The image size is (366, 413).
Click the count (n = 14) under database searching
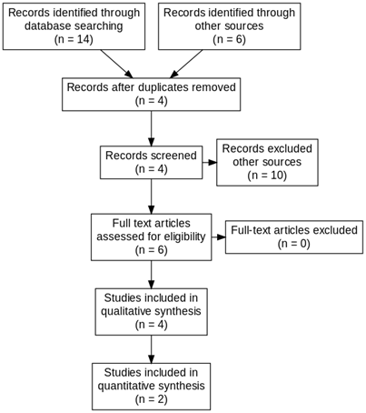tap(74, 40)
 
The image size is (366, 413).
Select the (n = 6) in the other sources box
tap(229, 40)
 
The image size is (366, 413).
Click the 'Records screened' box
tap(152, 162)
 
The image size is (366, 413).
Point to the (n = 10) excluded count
tap(267, 176)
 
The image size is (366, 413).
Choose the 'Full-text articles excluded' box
tap(294, 237)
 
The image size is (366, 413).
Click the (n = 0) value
tap(294, 244)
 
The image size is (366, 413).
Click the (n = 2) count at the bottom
tap(151, 399)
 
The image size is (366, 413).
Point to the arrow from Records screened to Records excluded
tap(210, 162)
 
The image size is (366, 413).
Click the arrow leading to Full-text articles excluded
tap(218, 237)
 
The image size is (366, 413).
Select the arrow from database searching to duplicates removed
tap(116, 64)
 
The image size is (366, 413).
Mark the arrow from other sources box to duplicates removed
tap(186, 64)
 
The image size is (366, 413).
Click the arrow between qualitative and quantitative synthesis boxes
tap(151, 349)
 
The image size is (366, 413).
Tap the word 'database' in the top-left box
tap(47, 26)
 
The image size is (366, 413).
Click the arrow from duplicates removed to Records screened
tap(151, 128)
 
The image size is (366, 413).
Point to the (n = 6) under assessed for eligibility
tap(151, 250)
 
